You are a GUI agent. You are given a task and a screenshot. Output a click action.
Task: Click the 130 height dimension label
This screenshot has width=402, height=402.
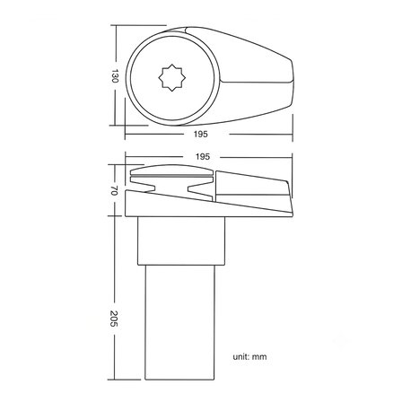click(x=115, y=76)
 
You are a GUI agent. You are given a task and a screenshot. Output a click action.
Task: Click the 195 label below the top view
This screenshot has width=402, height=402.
click(x=200, y=134)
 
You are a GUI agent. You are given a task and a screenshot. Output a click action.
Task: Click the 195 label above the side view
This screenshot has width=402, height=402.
click(x=203, y=156)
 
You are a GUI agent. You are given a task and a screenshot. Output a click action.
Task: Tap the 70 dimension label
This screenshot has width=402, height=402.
click(x=114, y=190)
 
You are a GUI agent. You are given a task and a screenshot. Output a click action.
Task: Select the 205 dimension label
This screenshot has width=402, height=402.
click(x=114, y=319)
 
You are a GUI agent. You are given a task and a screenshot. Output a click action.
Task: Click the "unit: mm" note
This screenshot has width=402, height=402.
click(x=249, y=356)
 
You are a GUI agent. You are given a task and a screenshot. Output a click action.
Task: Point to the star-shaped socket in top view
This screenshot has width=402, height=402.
click(x=171, y=77)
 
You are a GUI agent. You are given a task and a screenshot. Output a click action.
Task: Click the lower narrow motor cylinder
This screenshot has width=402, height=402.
click(x=179, y=322)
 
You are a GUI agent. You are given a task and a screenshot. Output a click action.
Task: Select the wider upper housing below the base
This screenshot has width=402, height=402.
click(x=181, y=240)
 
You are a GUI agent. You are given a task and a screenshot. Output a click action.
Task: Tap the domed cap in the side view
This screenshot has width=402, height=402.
click(x=172, y=170)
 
